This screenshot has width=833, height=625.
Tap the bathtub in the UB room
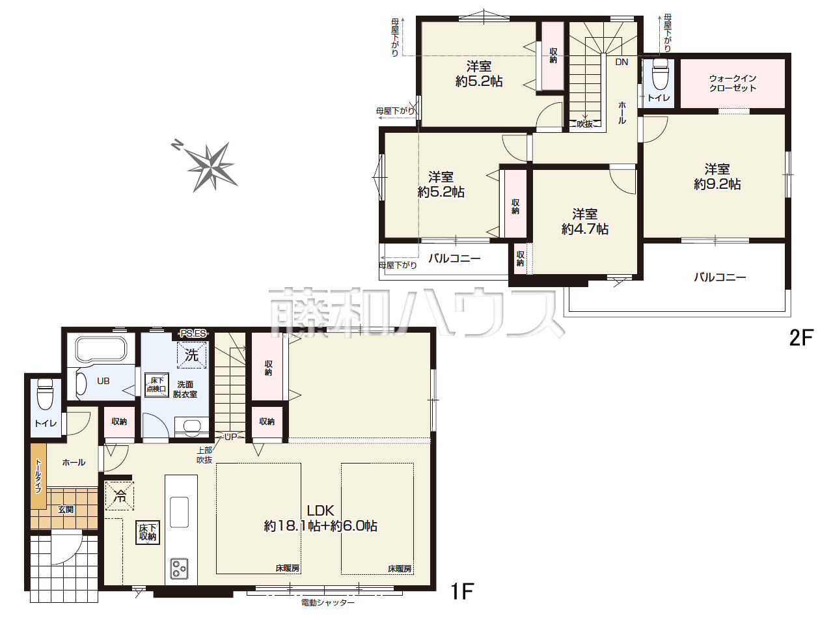pyautogui.click(x=101, y=350)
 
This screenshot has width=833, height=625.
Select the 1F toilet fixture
pyautogui.click(x=45, y=394)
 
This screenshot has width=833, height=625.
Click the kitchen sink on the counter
pyautogui.click(x=179, y=512)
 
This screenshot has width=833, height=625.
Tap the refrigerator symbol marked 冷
pyautogui.click(x=120, y=495)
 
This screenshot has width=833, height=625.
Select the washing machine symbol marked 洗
pyautogui.click(x=191, y=355)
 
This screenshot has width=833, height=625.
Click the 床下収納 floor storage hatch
pyautogui.click(x=148, y=533)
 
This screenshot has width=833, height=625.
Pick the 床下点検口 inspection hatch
pyautogui.click(x=157, y=384)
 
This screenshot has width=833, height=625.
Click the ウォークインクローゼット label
pyautogui.click(x=732, y=83)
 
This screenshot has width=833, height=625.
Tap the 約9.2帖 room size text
pyautogui.click(x=717, y=184)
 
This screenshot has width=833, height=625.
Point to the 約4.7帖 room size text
pyautogui.click(x=585, y=229)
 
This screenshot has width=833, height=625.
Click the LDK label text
pyautogui.click(x=320, y=510)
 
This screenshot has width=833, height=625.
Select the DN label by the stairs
pyautogui.click(x=621, y=62)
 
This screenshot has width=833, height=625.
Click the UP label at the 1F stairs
pyautogui.click(x=230, y=437)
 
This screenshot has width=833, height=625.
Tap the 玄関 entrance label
pyautogui.click(x=66, y=509)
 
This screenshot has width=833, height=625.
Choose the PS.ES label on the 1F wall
pyautogui.click(x=193, y=333)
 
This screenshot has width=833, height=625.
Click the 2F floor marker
pyautogui.click(x=802, y=338)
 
